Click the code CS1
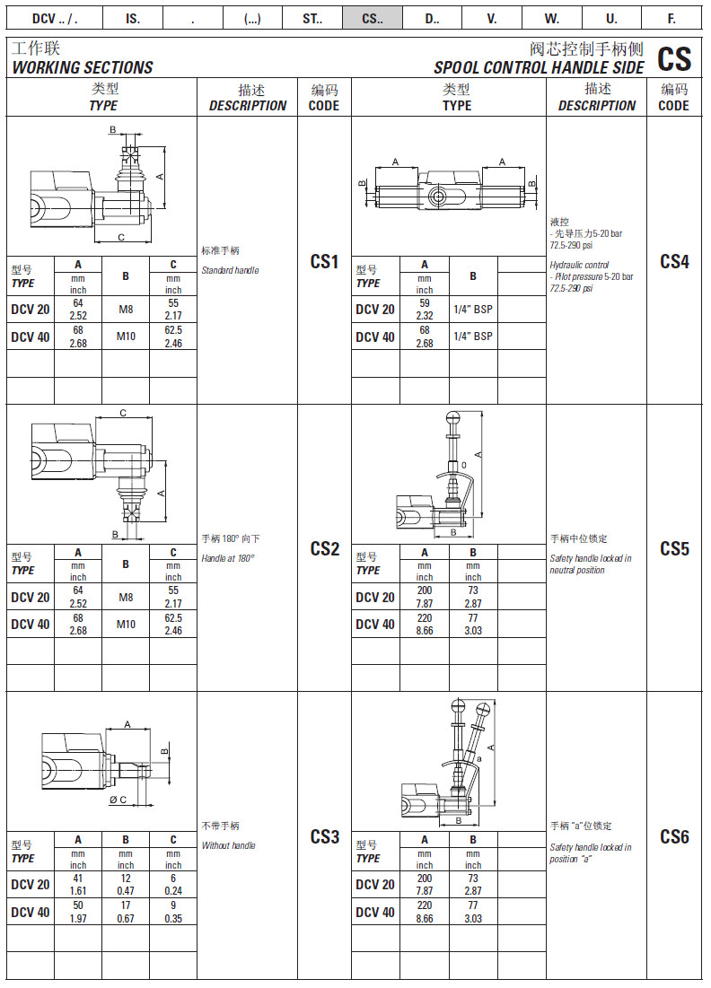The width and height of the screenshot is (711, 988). pos(324,262)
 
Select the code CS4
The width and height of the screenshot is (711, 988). pos(674,262)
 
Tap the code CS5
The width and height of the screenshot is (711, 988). pos(674,549)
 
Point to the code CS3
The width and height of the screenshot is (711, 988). pos(324,837)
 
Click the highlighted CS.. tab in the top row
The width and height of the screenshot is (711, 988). pos(372,18)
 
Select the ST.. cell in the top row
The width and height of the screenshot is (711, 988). pos(312,18)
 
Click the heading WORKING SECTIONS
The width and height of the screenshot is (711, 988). pos(83,68)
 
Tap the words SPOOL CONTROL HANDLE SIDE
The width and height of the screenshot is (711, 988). pos(539,68)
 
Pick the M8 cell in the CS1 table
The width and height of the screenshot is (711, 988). pos(126,310)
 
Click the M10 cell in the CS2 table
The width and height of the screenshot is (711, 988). pos(126,625)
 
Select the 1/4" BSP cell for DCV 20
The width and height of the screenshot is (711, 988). pos(473,310)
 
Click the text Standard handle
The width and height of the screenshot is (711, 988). pos(230,270)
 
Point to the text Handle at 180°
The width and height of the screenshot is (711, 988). pos(228,558)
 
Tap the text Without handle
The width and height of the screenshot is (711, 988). pos(229,845)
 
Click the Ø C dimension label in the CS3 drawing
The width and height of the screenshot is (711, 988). pos(118,800)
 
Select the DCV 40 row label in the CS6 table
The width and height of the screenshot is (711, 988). pos(374,912)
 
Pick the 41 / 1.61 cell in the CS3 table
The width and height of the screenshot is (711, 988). pos(78,884)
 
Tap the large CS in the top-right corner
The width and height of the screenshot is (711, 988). pos(674,59)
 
